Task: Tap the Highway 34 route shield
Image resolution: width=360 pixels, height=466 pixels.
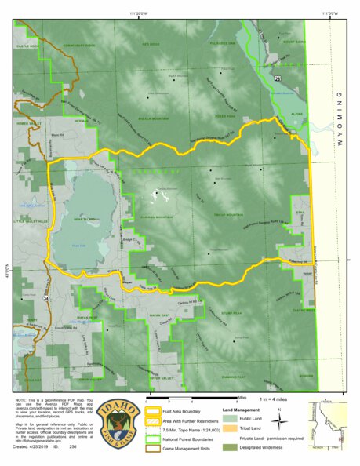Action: click(48, 298)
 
